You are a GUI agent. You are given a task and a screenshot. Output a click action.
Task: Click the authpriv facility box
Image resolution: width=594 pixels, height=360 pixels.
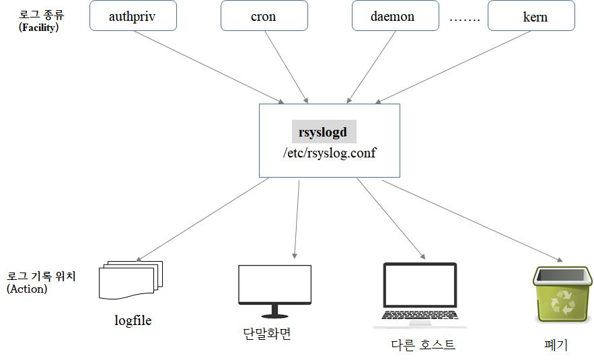coord(133,16)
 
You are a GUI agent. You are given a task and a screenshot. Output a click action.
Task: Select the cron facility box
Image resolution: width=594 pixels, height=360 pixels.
coord(263,16)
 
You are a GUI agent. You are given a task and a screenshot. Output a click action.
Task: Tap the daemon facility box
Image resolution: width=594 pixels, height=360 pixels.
coord(393,16)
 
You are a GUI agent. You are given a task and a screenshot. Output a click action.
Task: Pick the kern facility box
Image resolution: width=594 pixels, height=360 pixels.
coord(531,16)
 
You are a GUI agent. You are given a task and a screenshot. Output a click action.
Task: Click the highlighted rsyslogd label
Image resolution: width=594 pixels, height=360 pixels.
coord(323,132)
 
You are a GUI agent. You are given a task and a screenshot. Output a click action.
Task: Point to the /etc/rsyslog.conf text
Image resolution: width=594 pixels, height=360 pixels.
coord(330,153)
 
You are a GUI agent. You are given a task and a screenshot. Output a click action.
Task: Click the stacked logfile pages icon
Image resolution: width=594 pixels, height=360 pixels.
coord(131,279)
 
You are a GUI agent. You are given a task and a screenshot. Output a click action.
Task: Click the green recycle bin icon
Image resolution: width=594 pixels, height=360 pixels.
coord(562,293)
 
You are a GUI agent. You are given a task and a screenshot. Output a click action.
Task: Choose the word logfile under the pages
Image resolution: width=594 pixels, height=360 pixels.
coord(133,320)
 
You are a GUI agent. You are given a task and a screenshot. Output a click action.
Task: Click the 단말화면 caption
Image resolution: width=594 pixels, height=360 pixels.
coord(267,334)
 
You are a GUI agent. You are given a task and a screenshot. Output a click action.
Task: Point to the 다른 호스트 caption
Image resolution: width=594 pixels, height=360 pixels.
coord(423,345)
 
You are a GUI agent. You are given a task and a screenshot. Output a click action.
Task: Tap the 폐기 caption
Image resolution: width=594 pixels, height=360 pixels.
coord(556,345)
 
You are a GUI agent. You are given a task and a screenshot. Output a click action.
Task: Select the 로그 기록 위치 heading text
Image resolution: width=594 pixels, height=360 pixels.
coord(41,276)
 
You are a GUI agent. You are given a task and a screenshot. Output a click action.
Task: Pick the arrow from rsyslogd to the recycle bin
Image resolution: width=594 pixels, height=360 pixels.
coord(471,220)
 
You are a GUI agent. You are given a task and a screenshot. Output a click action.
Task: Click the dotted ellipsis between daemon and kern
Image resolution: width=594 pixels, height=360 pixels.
coord(464,18)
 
